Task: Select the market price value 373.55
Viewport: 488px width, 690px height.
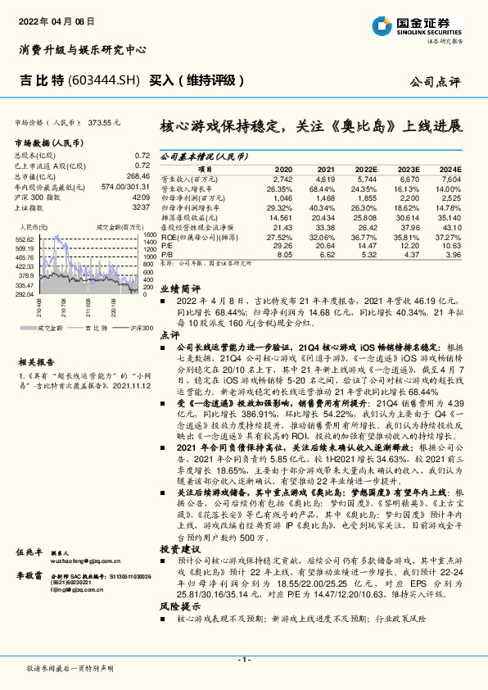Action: [x=105, y=121]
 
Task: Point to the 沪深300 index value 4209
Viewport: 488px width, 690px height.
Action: [x=141, y=198]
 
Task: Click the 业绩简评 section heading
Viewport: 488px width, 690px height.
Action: [x=179, y=288]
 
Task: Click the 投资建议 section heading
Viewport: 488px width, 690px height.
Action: [x=179, y=547]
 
